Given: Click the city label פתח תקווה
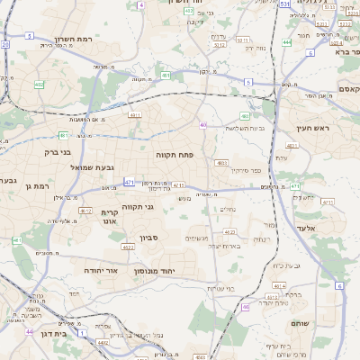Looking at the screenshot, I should pos(186,155).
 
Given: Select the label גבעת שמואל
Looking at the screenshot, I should pos(92,167).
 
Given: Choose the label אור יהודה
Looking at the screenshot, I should pos(99,269).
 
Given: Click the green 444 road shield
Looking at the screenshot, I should pos(286,42).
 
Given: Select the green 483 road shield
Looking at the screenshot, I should pos(245,115).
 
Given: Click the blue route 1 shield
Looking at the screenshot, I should pos(78,332).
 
